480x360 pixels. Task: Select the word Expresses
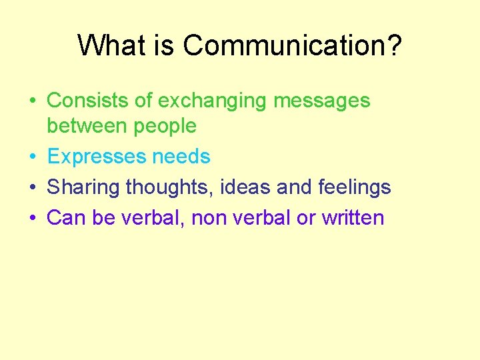click(96, 157)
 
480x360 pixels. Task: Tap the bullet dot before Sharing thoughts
click(32, 188)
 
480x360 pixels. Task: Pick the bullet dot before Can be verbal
click(32, 218)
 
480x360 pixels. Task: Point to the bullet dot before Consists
click(32, 101)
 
